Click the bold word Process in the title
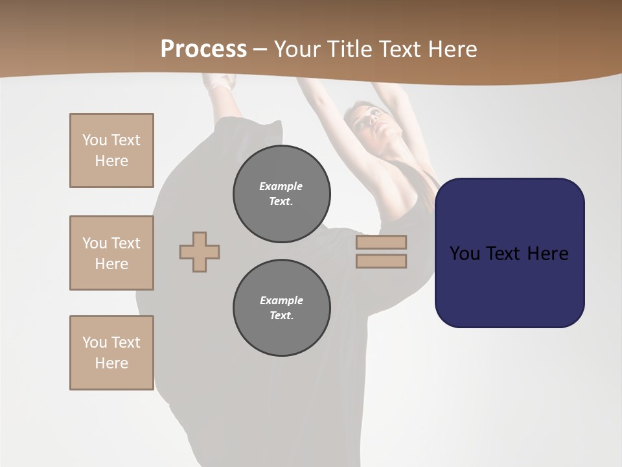(x=203, y=49)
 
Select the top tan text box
(x=111, y=150)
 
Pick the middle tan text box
(x=111, y=253)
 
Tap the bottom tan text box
(x=111, y=353)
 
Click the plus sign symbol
(x=200, y=252)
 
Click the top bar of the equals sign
(x=381, y=242)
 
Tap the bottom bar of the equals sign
(x=381, y=261)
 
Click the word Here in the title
(x=454, y=49)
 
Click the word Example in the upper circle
(x=281, y=186)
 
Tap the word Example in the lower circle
(x=281, y=300)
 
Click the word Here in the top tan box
(x=111, y=161)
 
